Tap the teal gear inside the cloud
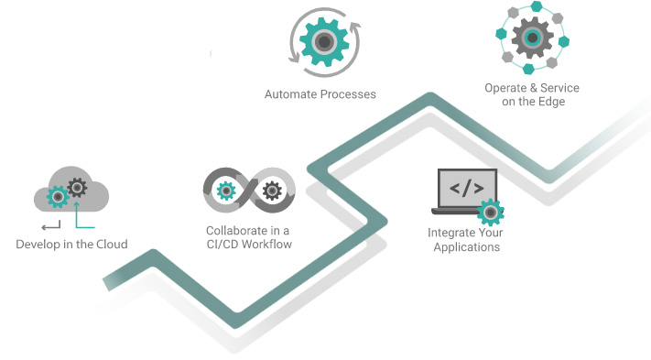click(x=58, y=195)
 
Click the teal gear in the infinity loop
click(x=224, y=191)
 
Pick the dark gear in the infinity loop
click(x=271, y=191)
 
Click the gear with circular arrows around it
click(x=320, y=41)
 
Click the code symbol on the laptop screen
click(x=466, y=190)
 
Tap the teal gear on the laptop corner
click(x=491, y=212)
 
